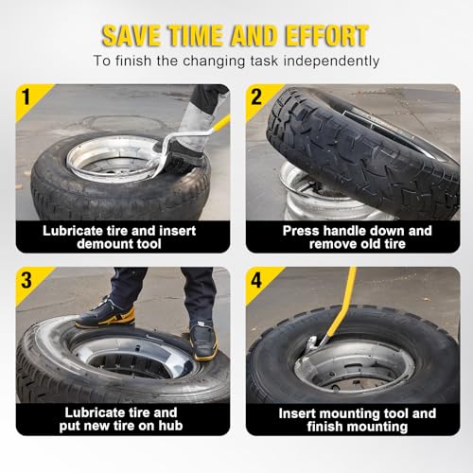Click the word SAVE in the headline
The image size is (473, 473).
[131, 35]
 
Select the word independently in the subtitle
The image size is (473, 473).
[331, 61]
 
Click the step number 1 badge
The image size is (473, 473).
[26, 96]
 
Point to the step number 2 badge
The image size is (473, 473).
[256, 96]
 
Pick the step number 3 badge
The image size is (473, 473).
[26, 280]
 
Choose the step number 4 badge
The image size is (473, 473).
[256, 280]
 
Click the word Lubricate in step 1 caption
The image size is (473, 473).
[73, 231]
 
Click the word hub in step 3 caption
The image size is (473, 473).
[170, 426]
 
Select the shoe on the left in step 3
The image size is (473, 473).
[106, 314]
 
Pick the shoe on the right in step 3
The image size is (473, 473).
[203, 342]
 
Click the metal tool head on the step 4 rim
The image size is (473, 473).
[312, 344]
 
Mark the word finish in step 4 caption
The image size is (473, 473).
[325, 427]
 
